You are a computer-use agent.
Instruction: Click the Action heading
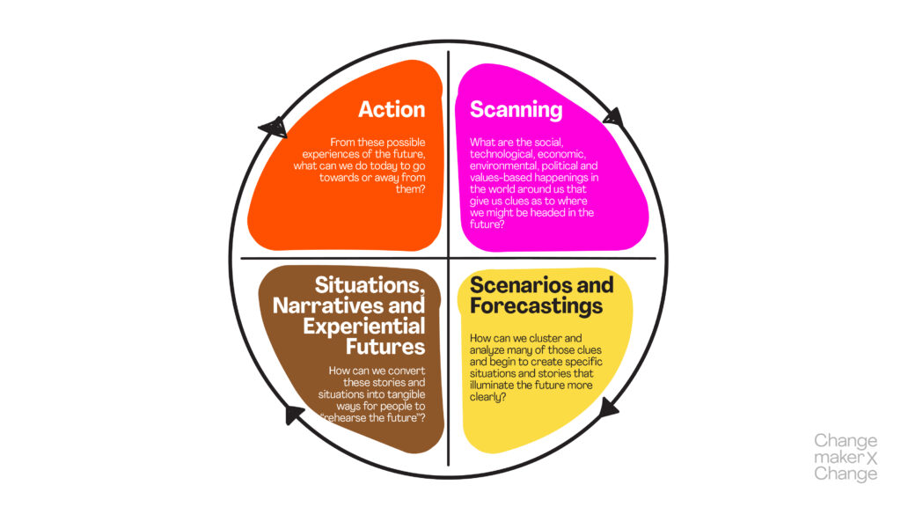(x=392, y=109)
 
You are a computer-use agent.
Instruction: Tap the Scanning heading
(x=516, y=109)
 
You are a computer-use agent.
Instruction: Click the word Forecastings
(x=536, y=305)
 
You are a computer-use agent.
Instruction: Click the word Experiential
(x=364, y=327)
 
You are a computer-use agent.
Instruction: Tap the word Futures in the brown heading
(x=389, y=346)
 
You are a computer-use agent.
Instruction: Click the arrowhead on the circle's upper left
(x=275, y=128)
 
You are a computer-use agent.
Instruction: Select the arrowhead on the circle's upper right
(x=614, y=116)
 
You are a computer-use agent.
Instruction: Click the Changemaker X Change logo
(x=846, y=457)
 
